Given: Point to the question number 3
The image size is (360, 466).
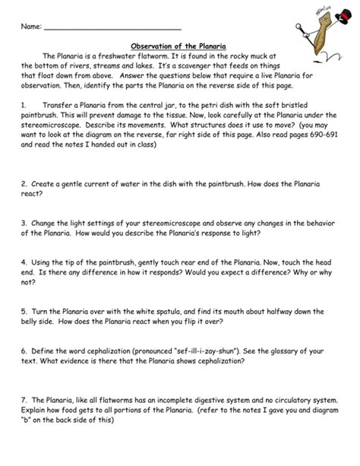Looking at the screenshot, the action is coord(25,226).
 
